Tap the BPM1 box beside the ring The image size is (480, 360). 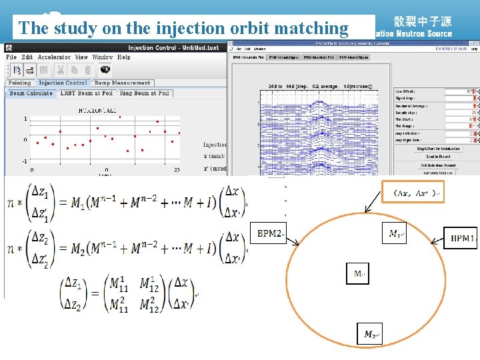pos(461,237)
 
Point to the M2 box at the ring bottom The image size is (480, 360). pos(371,334)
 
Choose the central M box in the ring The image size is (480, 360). pos(359,273)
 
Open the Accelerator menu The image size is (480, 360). pos(54,57)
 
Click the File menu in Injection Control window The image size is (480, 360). pos(11,57)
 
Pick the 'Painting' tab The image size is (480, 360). pos(19,83)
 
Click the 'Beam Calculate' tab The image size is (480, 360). pos(31,93)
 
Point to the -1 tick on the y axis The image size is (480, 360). pos(25,161)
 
